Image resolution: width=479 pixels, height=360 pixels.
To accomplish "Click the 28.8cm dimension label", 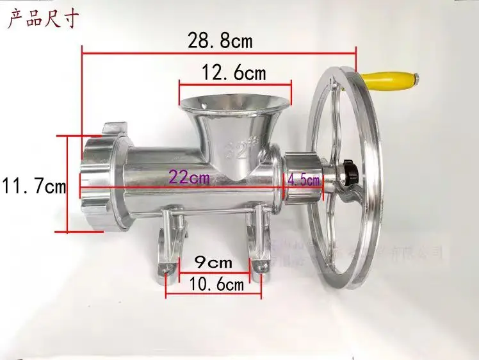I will point(220,40).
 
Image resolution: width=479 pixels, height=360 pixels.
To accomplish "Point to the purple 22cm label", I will point(188,177).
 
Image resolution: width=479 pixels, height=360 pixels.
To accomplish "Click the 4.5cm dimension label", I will point(304,180).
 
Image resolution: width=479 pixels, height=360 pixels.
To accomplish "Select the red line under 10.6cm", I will point(213,296).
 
